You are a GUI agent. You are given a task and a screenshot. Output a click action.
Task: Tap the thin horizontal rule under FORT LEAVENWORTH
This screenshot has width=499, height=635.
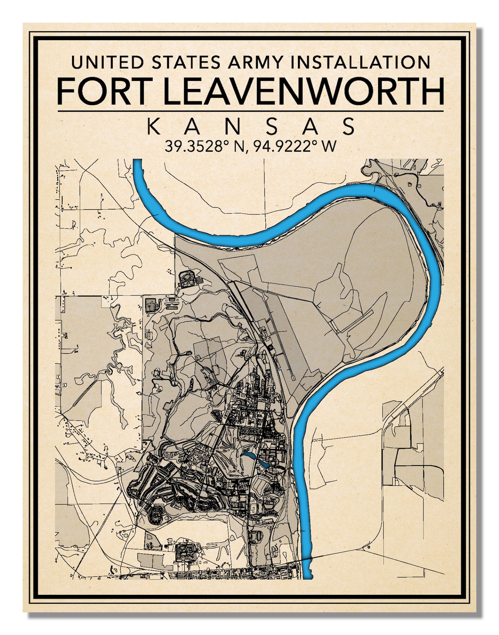tap(250, 111)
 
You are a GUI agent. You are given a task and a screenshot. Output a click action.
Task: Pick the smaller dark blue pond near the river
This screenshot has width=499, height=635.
tap(265, 464)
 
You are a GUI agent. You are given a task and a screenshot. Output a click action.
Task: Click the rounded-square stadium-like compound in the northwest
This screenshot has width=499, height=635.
tap(187, 279)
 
